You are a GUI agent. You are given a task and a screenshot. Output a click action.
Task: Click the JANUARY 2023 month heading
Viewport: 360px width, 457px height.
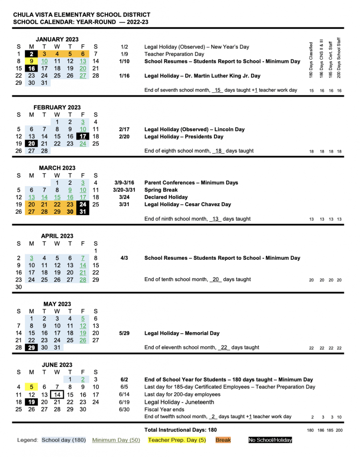(57, 39)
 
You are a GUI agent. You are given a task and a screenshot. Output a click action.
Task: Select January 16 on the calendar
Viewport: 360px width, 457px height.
(31, 68)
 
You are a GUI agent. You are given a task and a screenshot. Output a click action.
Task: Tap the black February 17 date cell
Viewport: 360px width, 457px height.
(83, 136)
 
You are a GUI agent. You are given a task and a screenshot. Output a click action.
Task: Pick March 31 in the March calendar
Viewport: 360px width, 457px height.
(83, 212)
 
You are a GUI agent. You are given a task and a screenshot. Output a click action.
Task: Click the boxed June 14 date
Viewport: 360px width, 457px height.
(57, 395)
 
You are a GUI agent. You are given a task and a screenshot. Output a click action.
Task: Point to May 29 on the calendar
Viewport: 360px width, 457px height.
(31, 348)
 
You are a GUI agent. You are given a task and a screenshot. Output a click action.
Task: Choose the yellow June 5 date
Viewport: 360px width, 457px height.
(31, 387)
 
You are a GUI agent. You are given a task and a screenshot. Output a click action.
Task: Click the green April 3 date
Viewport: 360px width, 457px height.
(31, 258)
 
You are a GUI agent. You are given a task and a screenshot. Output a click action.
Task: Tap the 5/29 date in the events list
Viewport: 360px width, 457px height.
(124, 333)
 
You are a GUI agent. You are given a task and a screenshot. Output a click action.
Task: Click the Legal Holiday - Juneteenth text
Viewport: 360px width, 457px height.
(179, 402)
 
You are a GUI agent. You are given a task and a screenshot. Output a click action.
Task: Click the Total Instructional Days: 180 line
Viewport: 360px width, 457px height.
(180, 430)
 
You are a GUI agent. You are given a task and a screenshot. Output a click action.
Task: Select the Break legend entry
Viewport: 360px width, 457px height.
(223, 440)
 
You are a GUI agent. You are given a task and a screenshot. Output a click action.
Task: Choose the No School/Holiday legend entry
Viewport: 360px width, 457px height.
(270, 440)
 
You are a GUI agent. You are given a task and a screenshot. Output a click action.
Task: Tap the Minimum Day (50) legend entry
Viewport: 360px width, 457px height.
(116, 440)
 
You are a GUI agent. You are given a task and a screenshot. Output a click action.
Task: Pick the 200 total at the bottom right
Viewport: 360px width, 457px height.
(339, 430)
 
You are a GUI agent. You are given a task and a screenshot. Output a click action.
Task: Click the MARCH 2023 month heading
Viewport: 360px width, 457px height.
(57, 168)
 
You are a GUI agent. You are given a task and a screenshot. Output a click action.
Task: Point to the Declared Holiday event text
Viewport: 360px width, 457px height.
(166, 197)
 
